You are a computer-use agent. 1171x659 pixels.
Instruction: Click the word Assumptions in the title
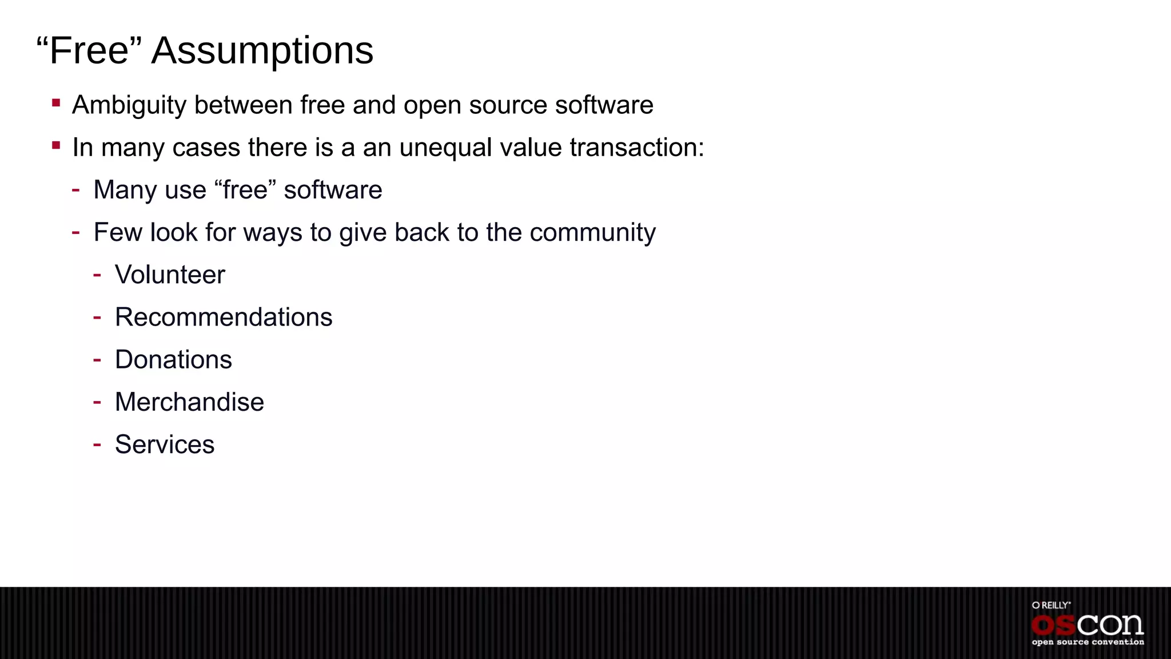(262, 51)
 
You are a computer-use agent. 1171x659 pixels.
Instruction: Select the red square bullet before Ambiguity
(56, 104)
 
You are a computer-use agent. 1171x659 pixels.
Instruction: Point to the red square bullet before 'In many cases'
(56, 146)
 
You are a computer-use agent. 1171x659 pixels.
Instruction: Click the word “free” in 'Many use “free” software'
(245, 190)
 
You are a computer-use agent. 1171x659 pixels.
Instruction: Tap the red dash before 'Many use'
(76, 189)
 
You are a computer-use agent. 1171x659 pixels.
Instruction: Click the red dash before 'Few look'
(76, 232)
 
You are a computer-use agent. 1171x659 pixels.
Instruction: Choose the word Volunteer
(170, 275)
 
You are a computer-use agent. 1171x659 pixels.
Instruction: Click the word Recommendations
(224, 317)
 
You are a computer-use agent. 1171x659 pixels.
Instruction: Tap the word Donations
(173, 360)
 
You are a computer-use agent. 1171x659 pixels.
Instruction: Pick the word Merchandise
(189, 402)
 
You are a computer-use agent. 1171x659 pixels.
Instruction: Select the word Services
(165, 444)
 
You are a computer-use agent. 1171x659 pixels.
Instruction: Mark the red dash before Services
(97, 444)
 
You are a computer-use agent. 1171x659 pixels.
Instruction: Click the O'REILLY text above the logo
(1051, 605)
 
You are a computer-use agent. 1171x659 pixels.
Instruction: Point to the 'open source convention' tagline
(1088, 642)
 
